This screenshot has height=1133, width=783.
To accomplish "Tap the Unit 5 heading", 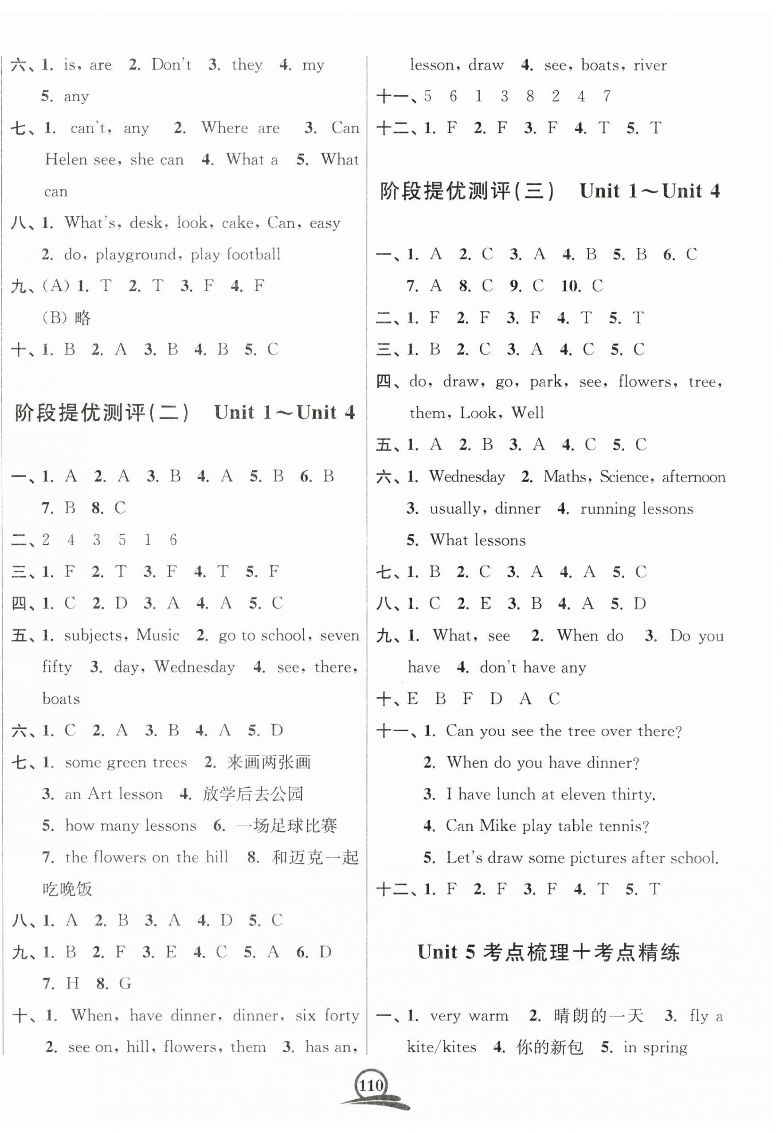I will tap(548, 952).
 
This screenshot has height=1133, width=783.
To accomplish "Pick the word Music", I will tap(157, 635).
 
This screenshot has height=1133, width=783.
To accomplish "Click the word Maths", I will tap(564, 477).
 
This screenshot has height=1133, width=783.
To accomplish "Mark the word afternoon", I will tap(693, 477).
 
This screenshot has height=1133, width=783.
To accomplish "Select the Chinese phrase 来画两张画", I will tap(269, 762).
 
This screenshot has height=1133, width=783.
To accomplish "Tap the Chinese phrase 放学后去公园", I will tap(253, 794).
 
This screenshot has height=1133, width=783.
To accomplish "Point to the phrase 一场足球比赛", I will tap(286, 825).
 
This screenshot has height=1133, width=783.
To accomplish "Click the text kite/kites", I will tap(442, 1047).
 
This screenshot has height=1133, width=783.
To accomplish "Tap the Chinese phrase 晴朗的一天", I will tap(598, 1015).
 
